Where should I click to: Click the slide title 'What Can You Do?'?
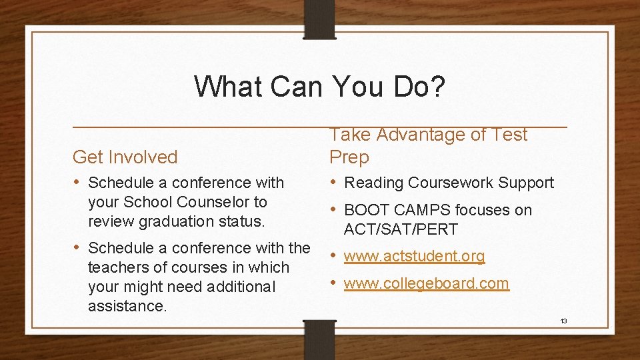319,87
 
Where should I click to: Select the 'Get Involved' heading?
125,157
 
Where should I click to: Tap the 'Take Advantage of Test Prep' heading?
428,146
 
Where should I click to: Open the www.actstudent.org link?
414,256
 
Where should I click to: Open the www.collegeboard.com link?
426,283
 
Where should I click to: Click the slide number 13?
563,321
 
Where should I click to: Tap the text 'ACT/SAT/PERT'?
401,230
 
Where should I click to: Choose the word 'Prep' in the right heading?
349,158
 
